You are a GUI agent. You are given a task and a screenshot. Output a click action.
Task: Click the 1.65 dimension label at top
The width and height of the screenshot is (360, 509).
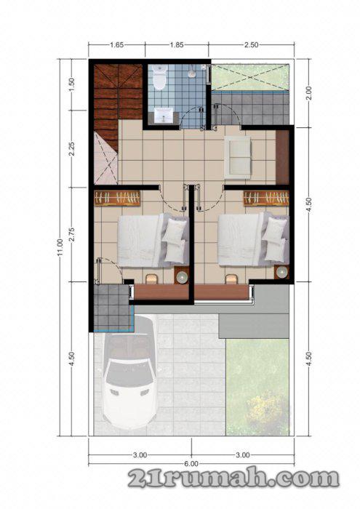click(116, 45)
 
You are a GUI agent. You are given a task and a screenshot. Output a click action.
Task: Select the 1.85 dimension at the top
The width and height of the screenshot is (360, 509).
click(177, 45)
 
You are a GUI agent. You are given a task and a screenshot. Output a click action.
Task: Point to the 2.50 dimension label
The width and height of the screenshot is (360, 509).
click(251, 45)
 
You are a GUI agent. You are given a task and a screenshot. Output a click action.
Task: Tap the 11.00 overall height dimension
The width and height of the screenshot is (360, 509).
click(60, 247)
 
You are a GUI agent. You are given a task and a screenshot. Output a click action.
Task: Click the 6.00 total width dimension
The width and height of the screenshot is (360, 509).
click(192, 463)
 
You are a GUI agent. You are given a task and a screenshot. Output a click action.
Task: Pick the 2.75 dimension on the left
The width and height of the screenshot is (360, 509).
click(72, 234)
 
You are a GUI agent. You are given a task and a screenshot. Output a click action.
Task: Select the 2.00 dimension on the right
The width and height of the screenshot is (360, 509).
click(309, 93)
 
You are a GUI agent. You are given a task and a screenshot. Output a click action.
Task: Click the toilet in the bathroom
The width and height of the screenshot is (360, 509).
click(160, 77)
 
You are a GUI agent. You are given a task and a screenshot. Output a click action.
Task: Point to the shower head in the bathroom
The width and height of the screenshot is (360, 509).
click(192, 73)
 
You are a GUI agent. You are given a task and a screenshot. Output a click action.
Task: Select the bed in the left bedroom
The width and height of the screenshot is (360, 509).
click(153, 240)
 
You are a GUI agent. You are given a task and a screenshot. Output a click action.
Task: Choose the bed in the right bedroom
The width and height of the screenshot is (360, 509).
click(254, 239)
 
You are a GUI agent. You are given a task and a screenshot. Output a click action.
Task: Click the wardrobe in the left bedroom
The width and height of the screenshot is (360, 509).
click(117, 199)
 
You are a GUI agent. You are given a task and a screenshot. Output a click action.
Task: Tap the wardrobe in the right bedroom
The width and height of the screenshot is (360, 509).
click(266, 199)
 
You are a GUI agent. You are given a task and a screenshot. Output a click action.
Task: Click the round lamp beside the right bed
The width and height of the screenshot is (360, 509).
click(281, 272)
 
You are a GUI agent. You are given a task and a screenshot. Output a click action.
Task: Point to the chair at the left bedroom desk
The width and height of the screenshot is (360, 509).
click(151, 278)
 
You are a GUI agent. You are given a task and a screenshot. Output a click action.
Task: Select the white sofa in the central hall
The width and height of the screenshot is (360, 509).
click(237, 158)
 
